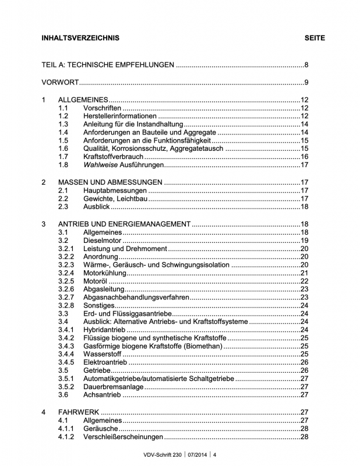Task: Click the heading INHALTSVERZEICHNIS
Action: pyautogui.click(x=80, y=38)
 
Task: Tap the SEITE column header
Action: pyautogui.click(x=315, y=38)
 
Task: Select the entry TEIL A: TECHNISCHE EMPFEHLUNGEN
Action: pyautogui.click(x=108, y=65)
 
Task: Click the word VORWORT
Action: pyautogui.click(x=61, y=82)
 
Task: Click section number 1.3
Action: pyautogui.click(x=63, y=124)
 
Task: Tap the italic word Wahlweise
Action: pyautogui.click(x=101, y=165)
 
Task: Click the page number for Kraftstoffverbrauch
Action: pyautogui.click(x=303, y=157)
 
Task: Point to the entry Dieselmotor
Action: pyautogui.click(x=103, y=241)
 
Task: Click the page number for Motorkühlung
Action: pyautogui.click(x=303, y=273)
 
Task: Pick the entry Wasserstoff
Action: pyautogui.click(x=103, y=354)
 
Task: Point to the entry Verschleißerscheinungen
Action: pyautogui.click(x=123, y=437)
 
